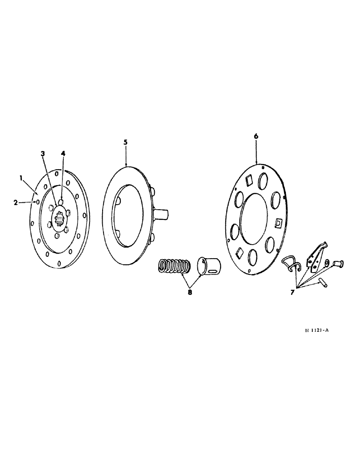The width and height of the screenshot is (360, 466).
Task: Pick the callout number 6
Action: (256, 136)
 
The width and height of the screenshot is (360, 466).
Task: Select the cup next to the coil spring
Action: (209, 264)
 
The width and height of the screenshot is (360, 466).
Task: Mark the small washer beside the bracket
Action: (326, 263)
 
